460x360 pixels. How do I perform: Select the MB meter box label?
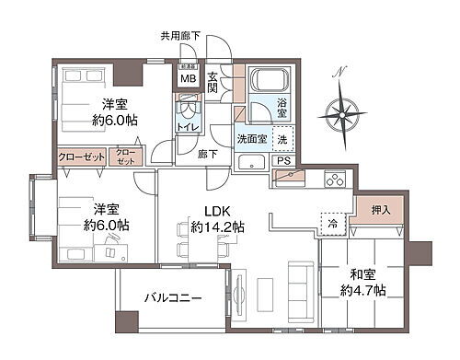coord(187,79)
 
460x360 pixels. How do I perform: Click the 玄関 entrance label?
coord(213,82)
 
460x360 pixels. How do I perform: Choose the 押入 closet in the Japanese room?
coord(380,211)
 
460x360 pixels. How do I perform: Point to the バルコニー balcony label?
coord(174,298)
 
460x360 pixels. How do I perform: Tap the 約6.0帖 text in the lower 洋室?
coord(106,226)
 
